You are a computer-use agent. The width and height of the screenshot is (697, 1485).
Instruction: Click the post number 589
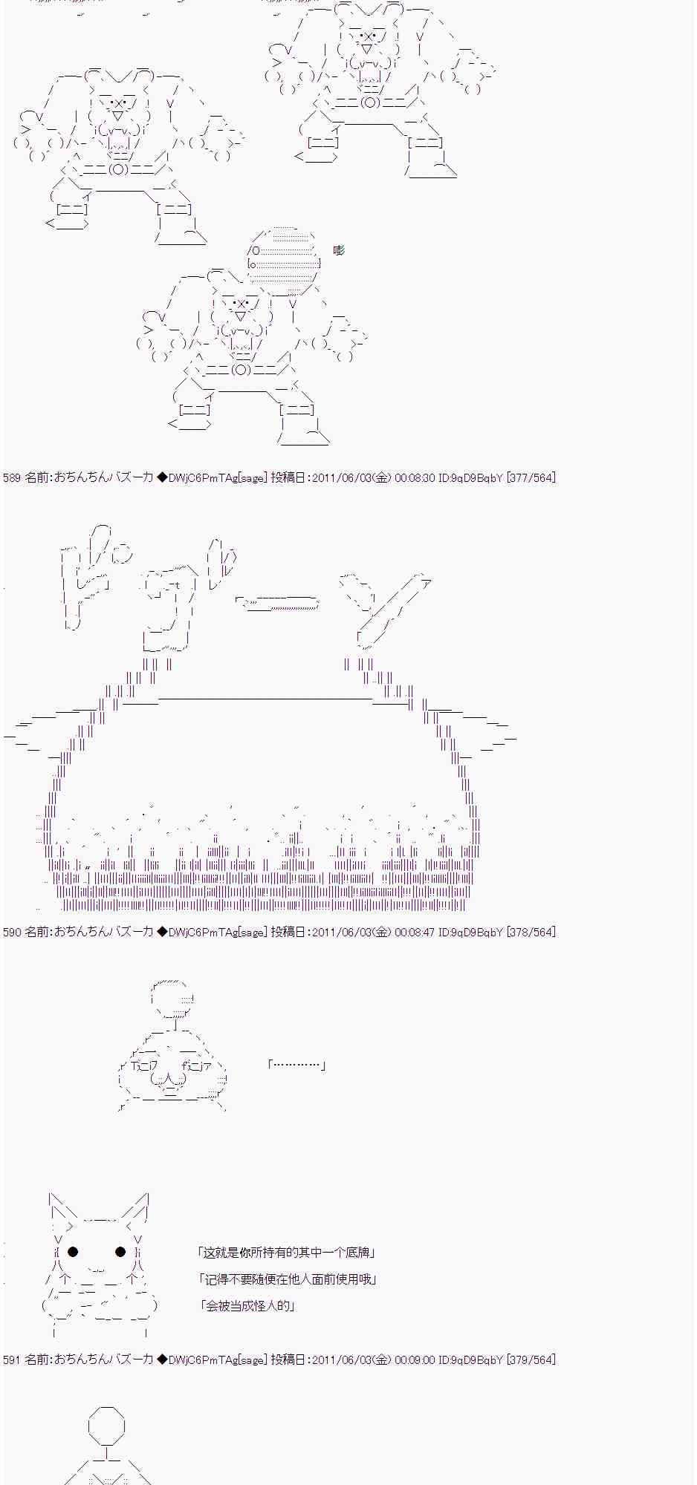(x=12, y=478)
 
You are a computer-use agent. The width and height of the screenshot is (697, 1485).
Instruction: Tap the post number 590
(x=12, y=932)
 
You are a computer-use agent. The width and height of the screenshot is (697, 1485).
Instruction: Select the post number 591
(x=12, y=1360)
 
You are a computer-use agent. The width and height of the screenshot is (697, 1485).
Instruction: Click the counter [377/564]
(x=531, y=478)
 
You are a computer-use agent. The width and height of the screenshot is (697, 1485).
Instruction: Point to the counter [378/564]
(x=531, y=932)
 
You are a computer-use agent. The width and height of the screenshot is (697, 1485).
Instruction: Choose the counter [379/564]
(x=531, y=1360)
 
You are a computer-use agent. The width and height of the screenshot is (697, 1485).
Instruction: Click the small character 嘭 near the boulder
(x=339, y=250)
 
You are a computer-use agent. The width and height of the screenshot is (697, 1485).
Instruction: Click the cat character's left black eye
(x=73, y=1252)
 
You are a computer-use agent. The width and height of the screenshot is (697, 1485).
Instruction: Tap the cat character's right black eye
(x=120, y=1252)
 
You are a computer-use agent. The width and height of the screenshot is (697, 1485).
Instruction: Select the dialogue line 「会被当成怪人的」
(x=248, y=1305)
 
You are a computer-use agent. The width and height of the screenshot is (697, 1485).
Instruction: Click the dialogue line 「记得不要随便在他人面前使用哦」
(x=288, y=1279)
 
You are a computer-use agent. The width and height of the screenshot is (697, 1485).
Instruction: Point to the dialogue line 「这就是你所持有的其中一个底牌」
(x=287, y=1252)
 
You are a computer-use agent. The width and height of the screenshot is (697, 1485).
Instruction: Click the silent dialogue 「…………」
(x=296, y=1065)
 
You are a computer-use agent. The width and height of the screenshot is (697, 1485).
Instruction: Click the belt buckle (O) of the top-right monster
(x=369, y=102)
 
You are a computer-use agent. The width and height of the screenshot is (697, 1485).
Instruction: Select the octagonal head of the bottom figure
(x=106, y=1425)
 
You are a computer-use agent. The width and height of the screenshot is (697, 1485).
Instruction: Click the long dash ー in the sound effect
(x=279, y=604)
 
